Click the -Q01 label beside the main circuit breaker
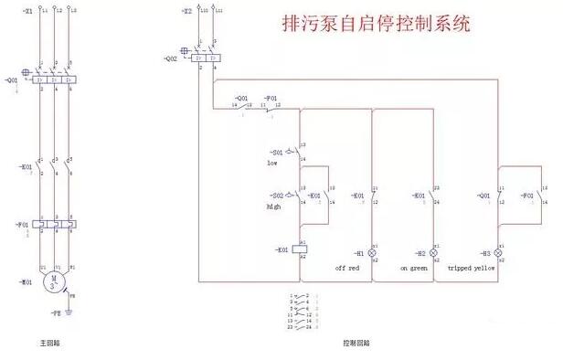12,79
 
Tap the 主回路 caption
50,344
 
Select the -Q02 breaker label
171,58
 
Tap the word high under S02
273,207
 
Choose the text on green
414,268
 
